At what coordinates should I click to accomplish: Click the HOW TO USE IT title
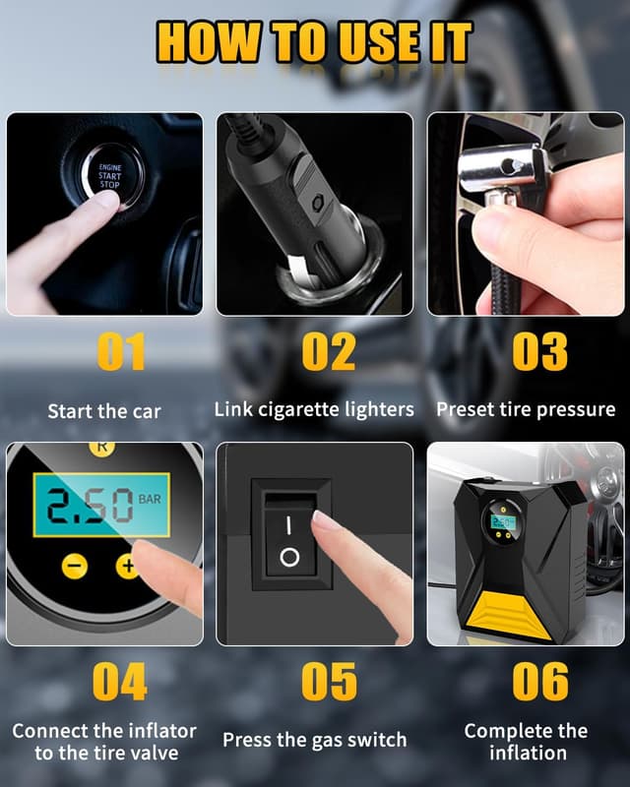tap(314, 42)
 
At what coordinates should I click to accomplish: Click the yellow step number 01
tap(121, 351)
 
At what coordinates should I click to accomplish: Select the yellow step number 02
tap(329, 351)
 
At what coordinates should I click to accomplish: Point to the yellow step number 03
tap(540, 351)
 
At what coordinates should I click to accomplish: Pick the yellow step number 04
tap(119, 681)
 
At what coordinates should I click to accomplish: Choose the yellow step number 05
tap(329, 681)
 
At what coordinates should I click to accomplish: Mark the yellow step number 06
tap(540, 681)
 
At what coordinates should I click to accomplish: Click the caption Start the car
tap(104, 411)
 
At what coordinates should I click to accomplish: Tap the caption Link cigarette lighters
tap(314, 409)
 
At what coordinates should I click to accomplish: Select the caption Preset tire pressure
tap(526, 409)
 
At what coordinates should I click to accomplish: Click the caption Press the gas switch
tap(315, 740)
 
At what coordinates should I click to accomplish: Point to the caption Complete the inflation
tap(527, 742)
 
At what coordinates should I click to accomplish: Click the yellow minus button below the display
tap(75, 567)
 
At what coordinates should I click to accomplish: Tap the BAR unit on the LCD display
tap(150, 499)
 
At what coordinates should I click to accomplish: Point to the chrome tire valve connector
tap(502, 169)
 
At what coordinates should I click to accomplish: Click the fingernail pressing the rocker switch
tap(321, 517)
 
